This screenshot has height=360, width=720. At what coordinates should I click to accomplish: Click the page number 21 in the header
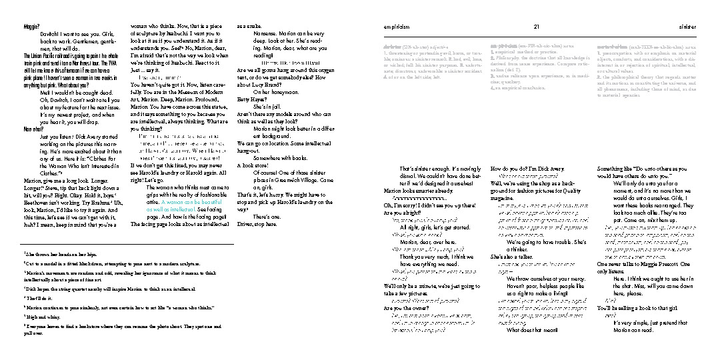tap(537, 26)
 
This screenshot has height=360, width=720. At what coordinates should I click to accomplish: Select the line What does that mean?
tap(532, 329)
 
